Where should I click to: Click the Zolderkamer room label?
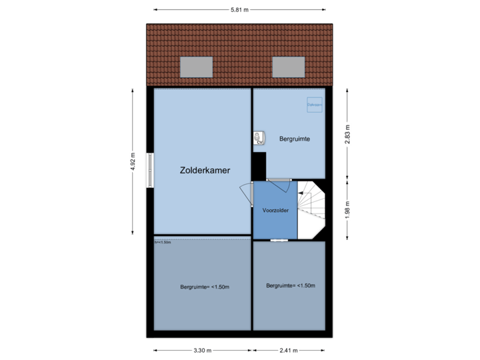205,171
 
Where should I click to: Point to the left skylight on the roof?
197,66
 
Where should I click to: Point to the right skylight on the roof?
288,66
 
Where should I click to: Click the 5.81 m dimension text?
239,9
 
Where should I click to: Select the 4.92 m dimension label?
133,162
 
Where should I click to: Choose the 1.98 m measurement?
347,209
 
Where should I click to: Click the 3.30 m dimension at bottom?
203,350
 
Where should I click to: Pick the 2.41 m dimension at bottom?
289,350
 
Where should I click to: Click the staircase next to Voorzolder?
311,208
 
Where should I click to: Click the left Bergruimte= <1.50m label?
205,287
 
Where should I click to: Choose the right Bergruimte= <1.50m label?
290,285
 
